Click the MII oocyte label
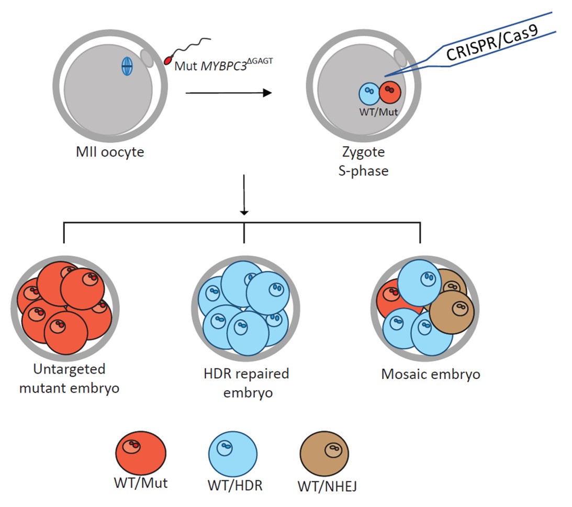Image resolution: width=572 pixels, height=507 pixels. point(109,155)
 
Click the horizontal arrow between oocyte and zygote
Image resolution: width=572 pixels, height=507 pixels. point(229,93)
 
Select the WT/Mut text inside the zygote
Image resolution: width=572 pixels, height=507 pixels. point(379,112)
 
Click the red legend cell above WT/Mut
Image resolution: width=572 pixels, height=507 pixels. point(140,450)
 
